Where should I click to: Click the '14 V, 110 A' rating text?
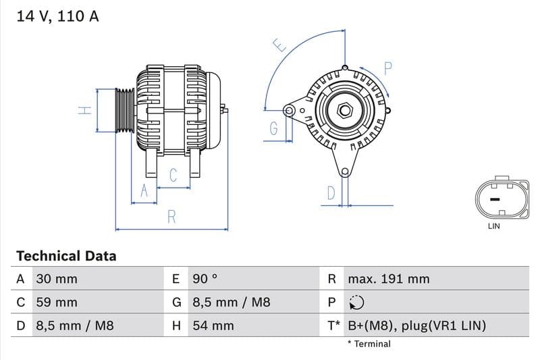tap(57, 16)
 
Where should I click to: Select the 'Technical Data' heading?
tap(66, 256)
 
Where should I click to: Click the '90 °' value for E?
tap(205, 279)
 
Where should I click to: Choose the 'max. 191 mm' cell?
tap(388, 279)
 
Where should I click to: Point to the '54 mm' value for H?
tap(213, 326)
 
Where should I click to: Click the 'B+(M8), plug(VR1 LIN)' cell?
tap(416, 326)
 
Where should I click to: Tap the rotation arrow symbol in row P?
tap(356, 303)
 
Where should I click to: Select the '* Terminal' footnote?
tap(369, 344)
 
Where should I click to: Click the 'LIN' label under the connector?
tap(494, 226)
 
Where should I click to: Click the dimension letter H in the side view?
tap(84, 110)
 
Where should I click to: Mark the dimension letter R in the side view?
tap(171, 217)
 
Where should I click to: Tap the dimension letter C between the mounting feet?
tap(173, 176)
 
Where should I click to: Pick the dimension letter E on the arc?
tap(279, 47)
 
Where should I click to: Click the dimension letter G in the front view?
tap(273, 128)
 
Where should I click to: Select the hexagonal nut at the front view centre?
tap(345, 109)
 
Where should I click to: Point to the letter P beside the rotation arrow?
tap(388, 68)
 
